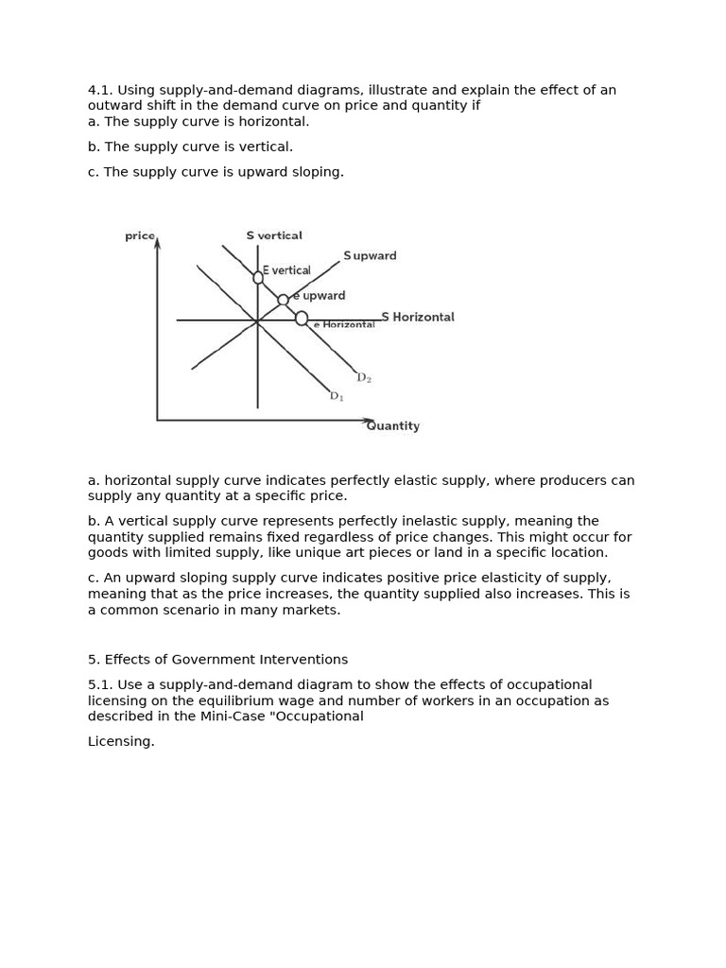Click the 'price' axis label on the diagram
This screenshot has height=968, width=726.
139,235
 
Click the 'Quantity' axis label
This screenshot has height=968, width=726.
393,426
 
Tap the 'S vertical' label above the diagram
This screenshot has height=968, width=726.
274,235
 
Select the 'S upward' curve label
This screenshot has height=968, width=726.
370,256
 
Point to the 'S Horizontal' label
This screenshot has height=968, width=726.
418,317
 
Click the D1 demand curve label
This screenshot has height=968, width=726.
337,397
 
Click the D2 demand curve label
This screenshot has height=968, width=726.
364,378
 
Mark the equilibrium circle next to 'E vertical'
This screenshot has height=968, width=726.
258,277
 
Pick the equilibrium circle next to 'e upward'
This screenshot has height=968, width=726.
283,300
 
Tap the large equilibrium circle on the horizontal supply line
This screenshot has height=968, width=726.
302,319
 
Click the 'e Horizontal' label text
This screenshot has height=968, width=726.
344,325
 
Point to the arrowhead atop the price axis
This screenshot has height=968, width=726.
157,243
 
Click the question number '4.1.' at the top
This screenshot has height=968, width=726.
100,90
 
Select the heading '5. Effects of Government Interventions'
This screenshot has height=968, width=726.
217,660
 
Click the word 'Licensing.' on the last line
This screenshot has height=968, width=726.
121,742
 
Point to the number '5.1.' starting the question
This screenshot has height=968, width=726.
100,684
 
